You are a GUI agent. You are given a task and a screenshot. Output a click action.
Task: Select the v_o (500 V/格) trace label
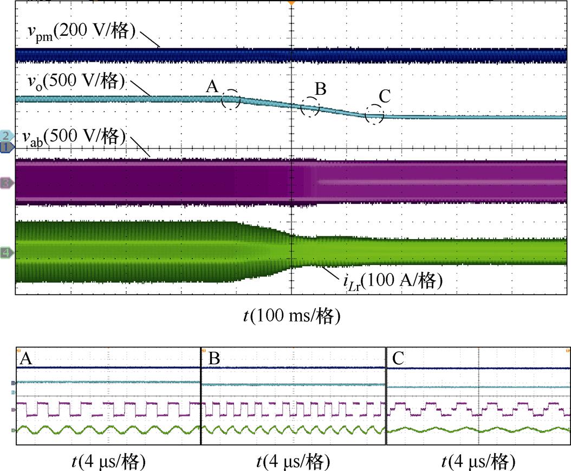(x=76, y=82)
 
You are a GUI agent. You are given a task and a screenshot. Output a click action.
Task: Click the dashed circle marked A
(x=231, y=99)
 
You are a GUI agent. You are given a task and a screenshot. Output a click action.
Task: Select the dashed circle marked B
(x=310, y=107)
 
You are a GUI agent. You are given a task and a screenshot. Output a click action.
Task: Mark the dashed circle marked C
(x=374, y=114)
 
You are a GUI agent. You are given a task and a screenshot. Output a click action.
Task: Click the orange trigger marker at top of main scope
(x=291, y=3)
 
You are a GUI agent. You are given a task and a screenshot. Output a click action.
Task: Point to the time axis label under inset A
(x=108, y=462)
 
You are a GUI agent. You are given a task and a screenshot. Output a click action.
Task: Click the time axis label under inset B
(x=293, y=462)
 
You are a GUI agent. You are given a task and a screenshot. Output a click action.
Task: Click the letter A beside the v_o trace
(x=212, y=87)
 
